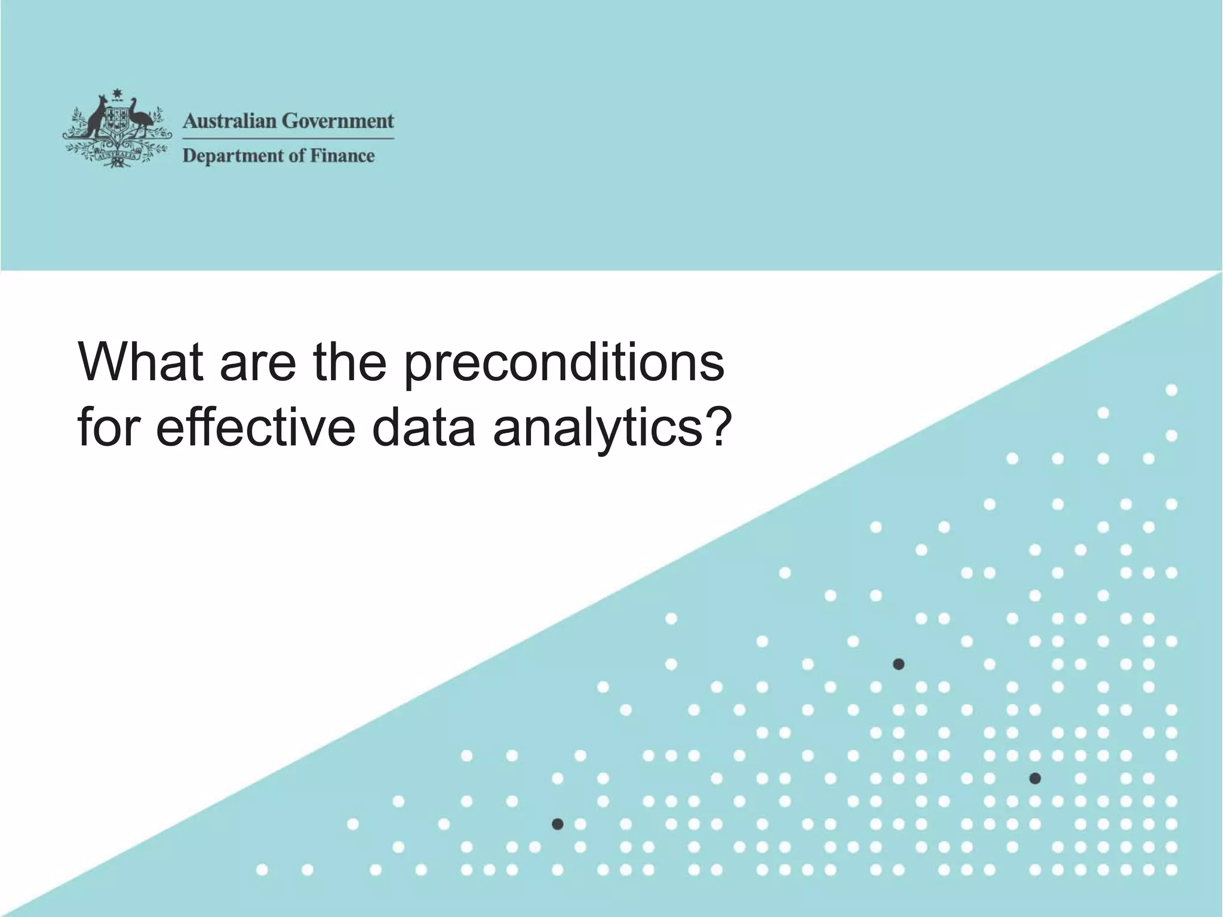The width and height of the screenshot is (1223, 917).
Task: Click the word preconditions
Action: [x=564, y=365]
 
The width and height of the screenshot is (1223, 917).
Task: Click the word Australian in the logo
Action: [x=230, y=121]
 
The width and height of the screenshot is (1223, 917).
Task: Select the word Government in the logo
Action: [x=338, y=121]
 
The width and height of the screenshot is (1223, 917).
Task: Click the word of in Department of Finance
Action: [x=289, y=156]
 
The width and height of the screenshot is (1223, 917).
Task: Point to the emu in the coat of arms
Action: [x=141, y=116]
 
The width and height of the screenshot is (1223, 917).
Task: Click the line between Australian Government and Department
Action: [x=288, y=139]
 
